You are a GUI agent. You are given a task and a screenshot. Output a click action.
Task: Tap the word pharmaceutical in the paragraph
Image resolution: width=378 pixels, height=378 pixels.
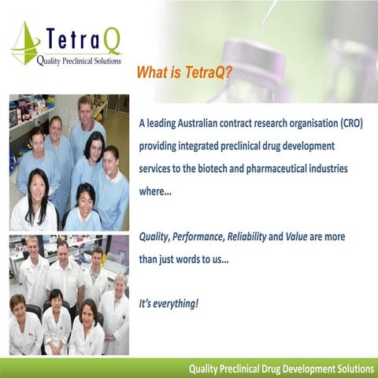coord(290,169)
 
